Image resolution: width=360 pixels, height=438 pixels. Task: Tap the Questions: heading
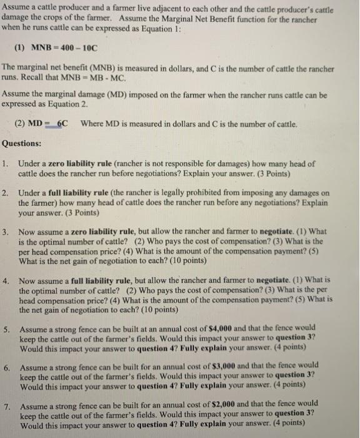[x=22, y=143]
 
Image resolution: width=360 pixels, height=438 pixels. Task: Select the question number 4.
[x=5, y=280]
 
